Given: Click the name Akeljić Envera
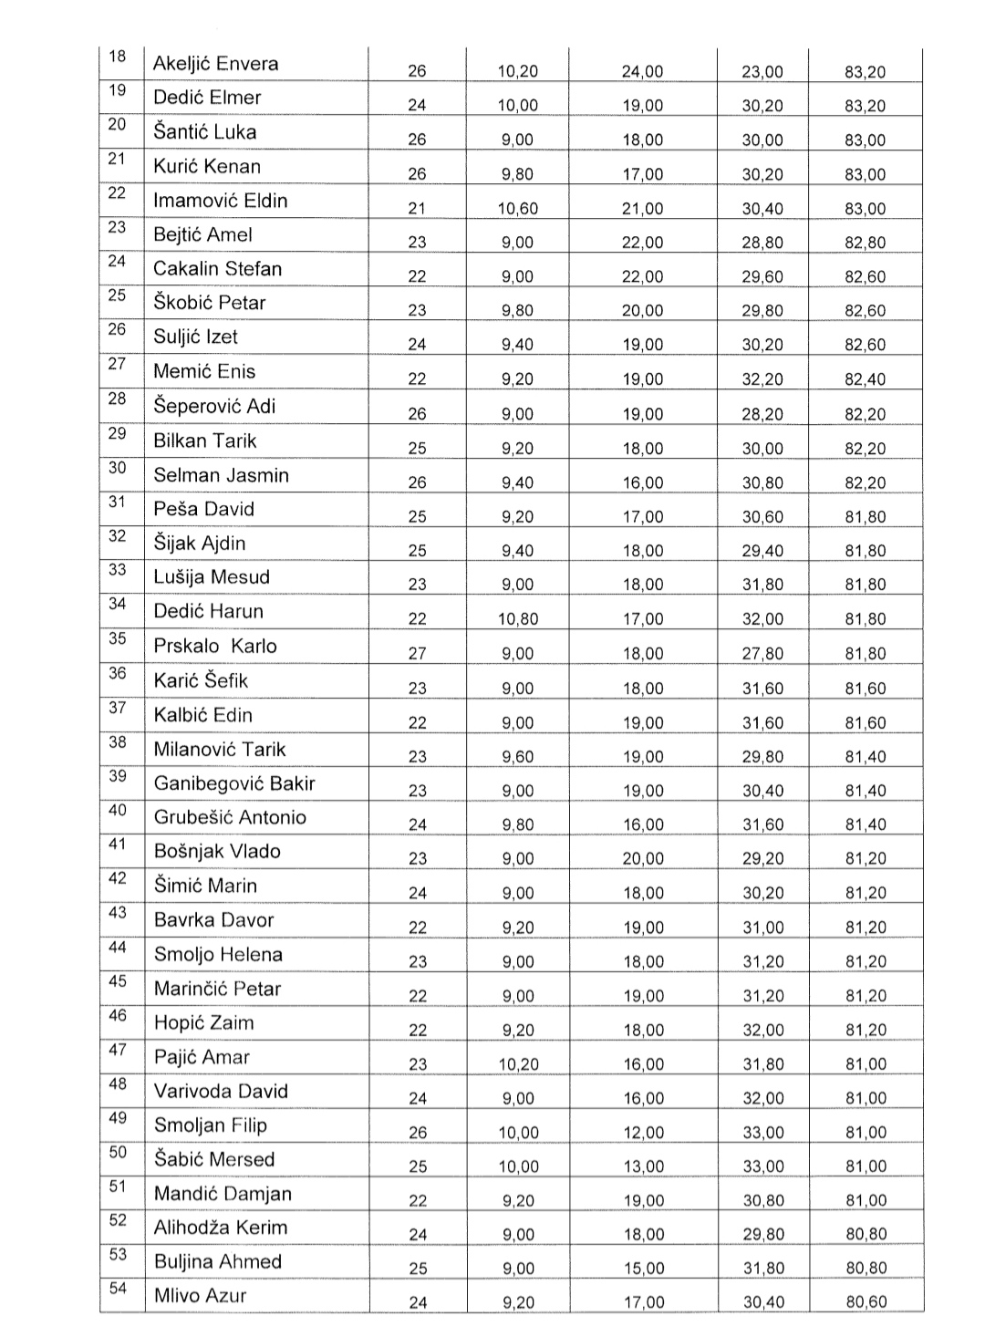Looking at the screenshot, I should pos(215,64).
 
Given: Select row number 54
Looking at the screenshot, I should pos(118,1288).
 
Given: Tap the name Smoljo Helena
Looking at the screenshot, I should pos(218,955).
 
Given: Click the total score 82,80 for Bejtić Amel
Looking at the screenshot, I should pos(865,243).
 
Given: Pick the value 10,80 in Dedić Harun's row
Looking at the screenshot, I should pos(517,619).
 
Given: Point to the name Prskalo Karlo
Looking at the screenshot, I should pos(215,646).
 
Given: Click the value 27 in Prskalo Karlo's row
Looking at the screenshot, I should pos(417,654).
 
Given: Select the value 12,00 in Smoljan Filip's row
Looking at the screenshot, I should pos(643,1133).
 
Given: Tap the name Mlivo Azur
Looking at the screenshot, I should pos(200,1295).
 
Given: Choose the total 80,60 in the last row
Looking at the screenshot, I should pos(866,1302).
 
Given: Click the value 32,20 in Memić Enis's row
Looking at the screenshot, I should pos(762,379).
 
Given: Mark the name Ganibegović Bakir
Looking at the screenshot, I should pos(234,783).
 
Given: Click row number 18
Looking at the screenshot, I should pos(118,57).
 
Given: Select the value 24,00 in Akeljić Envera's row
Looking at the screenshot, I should pos(642,72).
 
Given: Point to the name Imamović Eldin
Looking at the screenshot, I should pos(220,201).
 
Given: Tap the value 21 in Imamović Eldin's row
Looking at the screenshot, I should pos(417,209).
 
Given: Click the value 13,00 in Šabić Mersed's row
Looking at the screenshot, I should pos(643,1166).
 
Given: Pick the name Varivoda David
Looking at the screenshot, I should pos(221,1092).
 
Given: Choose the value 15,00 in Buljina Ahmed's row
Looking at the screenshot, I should pos(643,1269).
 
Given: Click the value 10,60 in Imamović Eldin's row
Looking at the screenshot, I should pos(517,209).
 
